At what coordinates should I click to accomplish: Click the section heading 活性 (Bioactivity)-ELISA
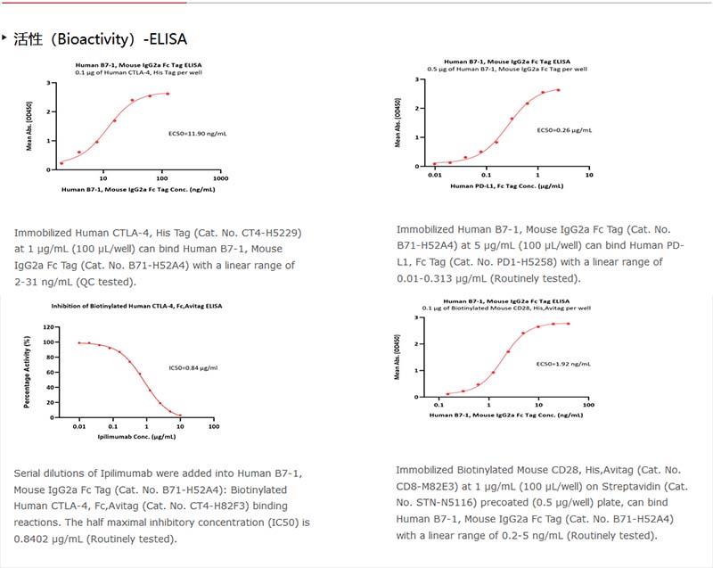tap(100, 40)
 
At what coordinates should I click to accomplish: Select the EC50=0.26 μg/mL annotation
tap(564, 130)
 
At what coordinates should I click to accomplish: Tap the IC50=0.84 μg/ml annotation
tap(193, 367)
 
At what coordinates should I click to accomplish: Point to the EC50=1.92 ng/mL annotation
tap(561, 364)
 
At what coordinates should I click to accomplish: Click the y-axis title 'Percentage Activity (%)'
tap(28, 373)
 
